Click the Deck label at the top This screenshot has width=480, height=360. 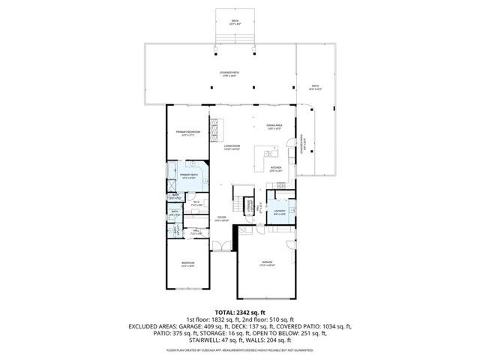click(235, 22)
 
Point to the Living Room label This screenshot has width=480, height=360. click(231, 147)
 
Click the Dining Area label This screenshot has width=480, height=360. click(274, 127)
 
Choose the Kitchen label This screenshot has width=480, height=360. click(275, 169)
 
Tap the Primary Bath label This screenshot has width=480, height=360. click(188, 175)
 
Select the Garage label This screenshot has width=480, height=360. click(266, 263)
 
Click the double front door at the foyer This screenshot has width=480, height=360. click(218, 247)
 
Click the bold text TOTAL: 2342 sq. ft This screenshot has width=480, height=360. click(240, 312)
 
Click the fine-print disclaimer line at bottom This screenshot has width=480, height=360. click(240, 350)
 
